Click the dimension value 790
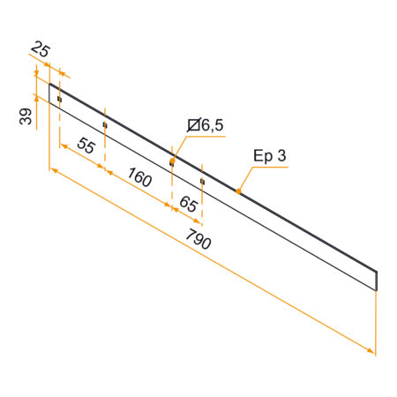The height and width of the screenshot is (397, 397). (199, 238)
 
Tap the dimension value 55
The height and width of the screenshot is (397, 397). (86, 147)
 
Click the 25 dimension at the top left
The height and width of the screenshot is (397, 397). (40, 48)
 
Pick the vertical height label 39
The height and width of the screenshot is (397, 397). (26, 116)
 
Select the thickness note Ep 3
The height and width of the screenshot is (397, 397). (270, 156)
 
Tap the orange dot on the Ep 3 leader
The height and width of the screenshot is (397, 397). (239, 189)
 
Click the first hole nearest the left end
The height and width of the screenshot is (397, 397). (59, 99)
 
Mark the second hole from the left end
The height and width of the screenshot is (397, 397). (104, 125)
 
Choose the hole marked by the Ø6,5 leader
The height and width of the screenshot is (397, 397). (172, 162)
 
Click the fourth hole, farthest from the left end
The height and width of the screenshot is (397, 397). (202, 181)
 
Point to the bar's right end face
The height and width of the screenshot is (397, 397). (377, 280)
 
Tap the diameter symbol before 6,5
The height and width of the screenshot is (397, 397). (193, 125)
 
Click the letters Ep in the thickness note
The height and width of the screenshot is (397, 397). (263, 157)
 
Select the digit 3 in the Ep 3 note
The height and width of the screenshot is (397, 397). (282, 156)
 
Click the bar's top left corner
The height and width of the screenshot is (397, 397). (50, 84)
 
